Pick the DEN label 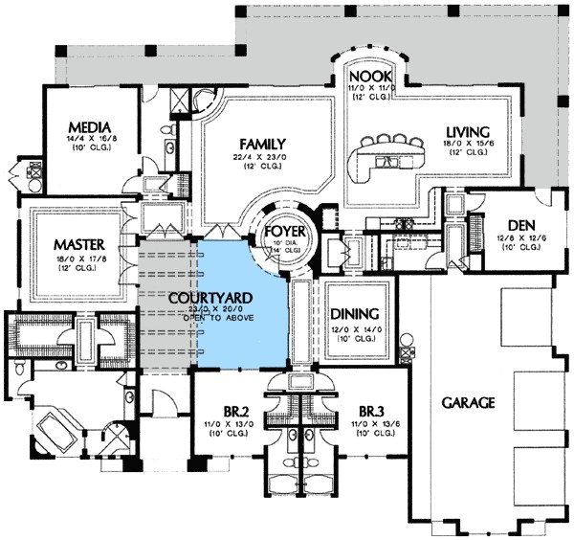point(520,226)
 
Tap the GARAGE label point(468,403)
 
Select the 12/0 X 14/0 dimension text point(354,328)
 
